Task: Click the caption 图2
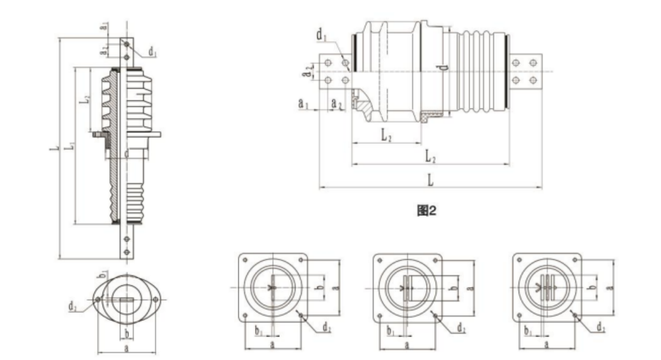pos(426,210)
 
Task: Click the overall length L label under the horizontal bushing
pos(430,180)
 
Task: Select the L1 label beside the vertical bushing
pos(70,146)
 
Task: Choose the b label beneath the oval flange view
pos(126,332)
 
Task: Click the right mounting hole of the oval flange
pos(155,299)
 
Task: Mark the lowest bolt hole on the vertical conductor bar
pos(127,252)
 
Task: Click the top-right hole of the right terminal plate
pos(533,63)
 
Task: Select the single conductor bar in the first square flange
pos(272,288)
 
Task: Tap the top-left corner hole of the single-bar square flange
pos(245,260)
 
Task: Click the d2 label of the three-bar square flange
pos(601,328)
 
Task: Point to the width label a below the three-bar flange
pos(546,344)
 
